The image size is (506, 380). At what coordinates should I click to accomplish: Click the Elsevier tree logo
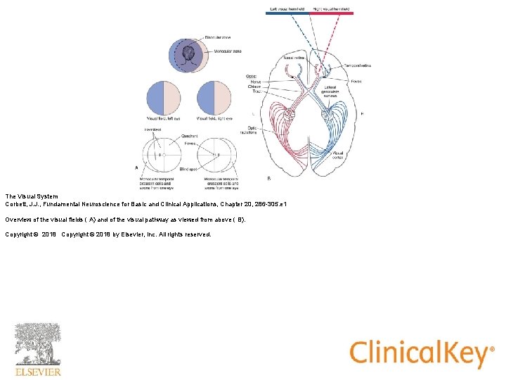(38, 345)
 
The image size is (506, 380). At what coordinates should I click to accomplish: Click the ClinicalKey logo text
(420, 353)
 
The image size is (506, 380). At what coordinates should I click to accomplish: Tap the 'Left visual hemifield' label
(286, 8)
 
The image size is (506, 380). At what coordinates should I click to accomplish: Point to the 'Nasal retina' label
(293, 56)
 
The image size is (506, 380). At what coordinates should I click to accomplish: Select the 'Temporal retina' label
(358, 65)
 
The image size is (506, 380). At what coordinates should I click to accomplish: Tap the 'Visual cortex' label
(338, 156)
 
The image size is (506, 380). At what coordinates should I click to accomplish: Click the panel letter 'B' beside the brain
(268, 178)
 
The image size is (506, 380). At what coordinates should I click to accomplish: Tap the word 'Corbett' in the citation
(16, 204)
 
